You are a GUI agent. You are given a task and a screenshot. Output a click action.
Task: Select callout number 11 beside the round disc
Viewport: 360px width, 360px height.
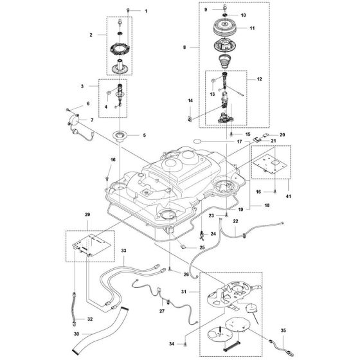click(252, 29)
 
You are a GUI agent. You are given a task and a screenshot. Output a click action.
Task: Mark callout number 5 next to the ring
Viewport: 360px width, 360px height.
click(144, 135)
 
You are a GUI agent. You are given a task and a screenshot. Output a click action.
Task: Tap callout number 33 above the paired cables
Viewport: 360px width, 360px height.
click(124, 249)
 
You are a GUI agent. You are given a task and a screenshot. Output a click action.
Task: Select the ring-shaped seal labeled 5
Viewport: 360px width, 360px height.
click(120, 135)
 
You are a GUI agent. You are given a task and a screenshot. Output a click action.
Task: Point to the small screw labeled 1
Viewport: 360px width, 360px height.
click(129, 12)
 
